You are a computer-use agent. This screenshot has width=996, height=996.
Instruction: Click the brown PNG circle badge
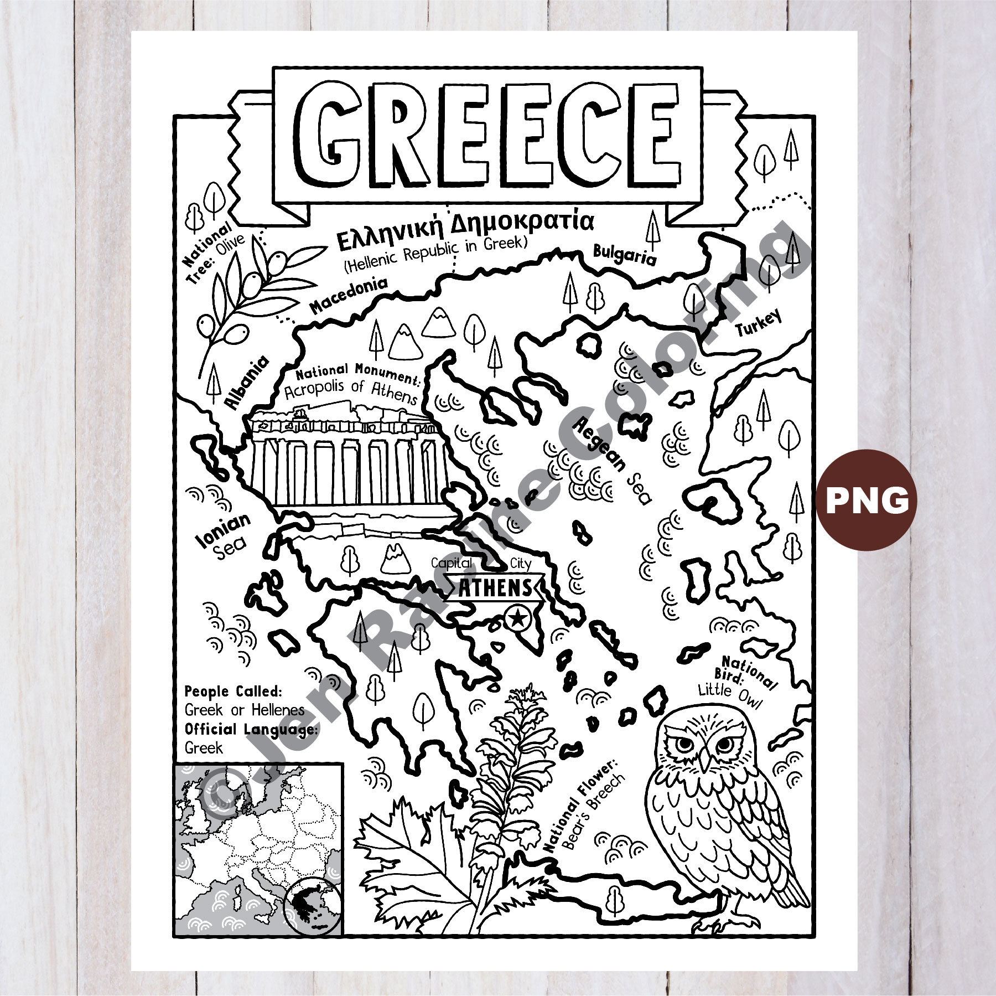(867, 500)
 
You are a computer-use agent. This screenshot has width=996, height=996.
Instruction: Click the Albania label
(247, 382)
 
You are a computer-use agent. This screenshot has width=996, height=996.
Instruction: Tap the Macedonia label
(348, 295)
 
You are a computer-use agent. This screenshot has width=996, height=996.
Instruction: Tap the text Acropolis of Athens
(351, 392)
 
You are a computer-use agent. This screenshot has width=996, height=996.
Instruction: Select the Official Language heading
(251, 729)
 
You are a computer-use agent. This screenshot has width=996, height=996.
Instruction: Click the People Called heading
(234, 691)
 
